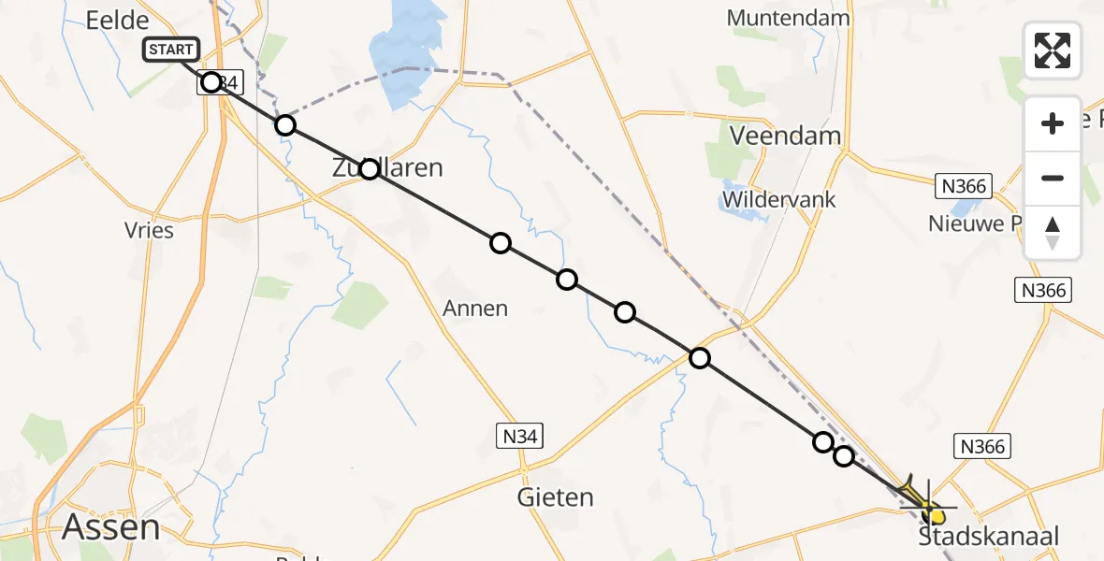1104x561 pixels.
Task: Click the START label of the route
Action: click(x=171, y=50)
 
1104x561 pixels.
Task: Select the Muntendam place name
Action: click(x=788, y=18)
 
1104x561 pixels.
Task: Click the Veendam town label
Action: click(x=784, y=136)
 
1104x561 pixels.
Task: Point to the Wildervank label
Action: click(x=778, y=199)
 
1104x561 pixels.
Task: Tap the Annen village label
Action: click(x=476, y=308)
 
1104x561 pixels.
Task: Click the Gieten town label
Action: click(x=555, y=497)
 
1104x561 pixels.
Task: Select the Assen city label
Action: click(x=110, y=527)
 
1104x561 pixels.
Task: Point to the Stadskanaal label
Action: click(x=989, y=536)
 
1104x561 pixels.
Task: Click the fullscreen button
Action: click(x=1053, y=50)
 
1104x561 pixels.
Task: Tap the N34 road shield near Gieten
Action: click(x=519, y=435)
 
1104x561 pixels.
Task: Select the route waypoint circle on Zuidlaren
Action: click(x=370, y=169)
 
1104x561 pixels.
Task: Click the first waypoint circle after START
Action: click(x=211, y=82)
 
